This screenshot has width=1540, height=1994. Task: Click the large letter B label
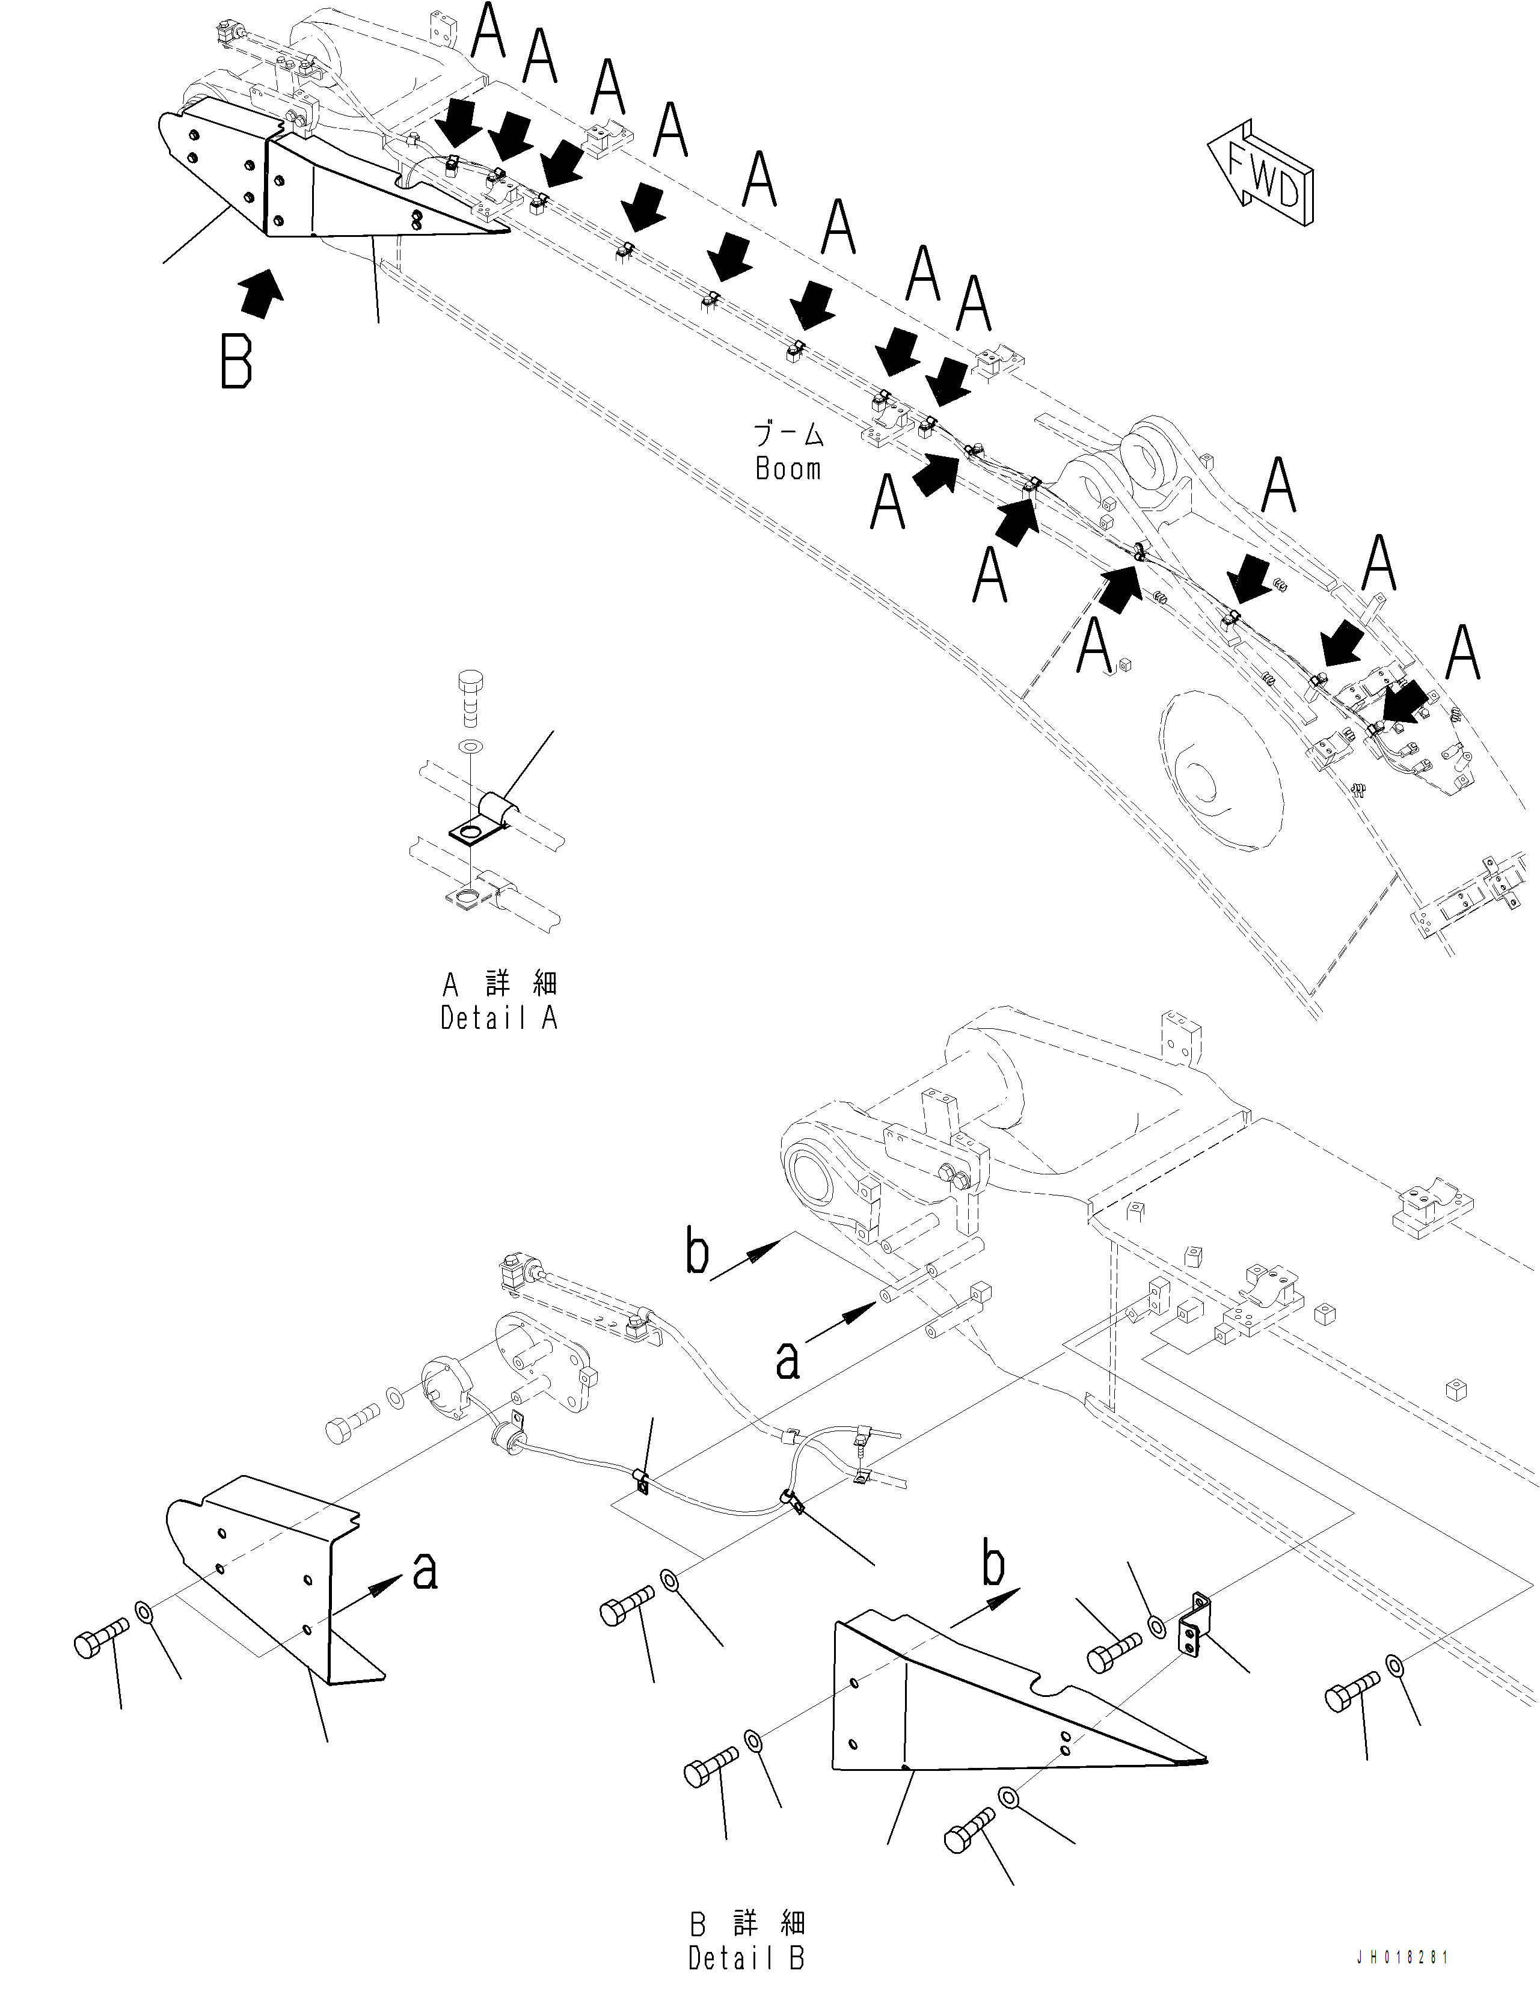(236, 361)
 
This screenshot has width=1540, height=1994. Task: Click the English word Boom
(788, 469)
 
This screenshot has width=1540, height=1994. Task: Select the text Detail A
(499, 1018)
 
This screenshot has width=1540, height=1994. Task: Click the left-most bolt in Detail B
(100, 1640)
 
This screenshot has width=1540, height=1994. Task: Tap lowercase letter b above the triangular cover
(994, 1564)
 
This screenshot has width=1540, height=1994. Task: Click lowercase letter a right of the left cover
(425, 1571)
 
